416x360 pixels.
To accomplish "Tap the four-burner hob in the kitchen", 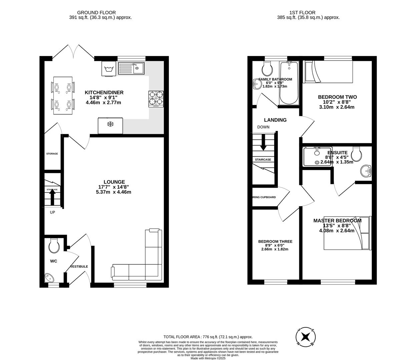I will (156, 99).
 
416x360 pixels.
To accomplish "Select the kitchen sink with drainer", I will (131, 68).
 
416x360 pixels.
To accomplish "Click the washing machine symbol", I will (108, 69).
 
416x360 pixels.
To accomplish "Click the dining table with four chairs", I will (62, 95).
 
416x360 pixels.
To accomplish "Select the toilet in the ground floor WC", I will (54, 246).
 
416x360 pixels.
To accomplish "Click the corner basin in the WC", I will (49, 277).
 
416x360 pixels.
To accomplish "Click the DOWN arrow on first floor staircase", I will (263, 143).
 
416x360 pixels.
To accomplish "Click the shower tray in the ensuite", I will (317, 156).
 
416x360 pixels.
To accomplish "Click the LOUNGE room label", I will (114, 182).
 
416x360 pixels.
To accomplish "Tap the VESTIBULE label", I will (79, 267).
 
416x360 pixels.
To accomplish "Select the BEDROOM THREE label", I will (275, 242).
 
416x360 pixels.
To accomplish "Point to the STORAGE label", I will (52, 154).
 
